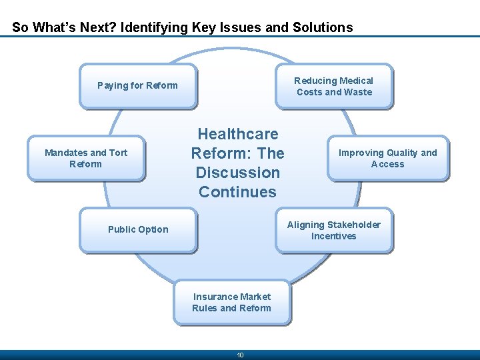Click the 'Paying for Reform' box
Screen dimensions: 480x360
pyautogui.click(x=138, y=86)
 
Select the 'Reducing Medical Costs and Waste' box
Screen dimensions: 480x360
pyautogui.click(x=334, y=86)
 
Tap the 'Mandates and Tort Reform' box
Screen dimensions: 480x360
pyautogui.click(x=86, y=158)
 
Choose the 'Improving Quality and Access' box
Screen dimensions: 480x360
pyautogui.click(x=388, y=158)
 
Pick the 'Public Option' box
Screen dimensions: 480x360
pyautogui.click(x=138, y=230)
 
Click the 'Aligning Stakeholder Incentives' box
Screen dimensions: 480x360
pyautogui.click(x=334, y=230)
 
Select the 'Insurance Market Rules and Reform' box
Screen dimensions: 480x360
pyautogui.click(x=232, y=302)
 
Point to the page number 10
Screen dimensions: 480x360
pyautogui.click(x=241, y=355)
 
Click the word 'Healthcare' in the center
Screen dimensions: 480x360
pyautogui.click(x=238, y=134)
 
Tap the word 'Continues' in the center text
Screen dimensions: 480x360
pyautogui.click(x=237, y=192)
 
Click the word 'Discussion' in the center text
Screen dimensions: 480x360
pyautogui.click(x=238, y=173)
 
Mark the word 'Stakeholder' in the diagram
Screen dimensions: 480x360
pyautogui.click(x=353, y=225)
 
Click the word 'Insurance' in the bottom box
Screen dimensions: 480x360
pyautogui.click(x=215, y=297)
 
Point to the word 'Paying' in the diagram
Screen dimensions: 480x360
pyautogui.click(x=111, y=86)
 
